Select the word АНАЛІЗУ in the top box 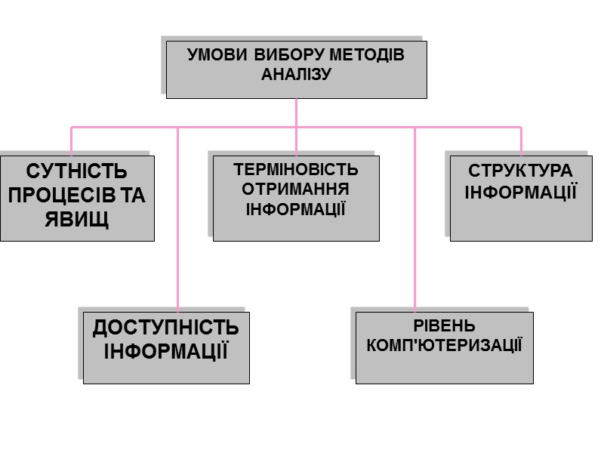(296, 74)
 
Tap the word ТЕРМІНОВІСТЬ (296, 169)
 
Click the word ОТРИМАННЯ (296, 189)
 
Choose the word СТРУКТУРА (520, 171)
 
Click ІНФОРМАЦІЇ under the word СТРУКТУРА (520, 191)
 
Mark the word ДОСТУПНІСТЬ (165, 328)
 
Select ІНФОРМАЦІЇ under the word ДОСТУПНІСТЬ (165, 351)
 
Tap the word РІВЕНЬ (444, 326)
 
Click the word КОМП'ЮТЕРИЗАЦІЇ (444, 346)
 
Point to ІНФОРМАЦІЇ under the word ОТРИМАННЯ (296, 208)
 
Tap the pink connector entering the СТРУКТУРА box (521, 141)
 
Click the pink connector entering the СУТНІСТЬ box (72, 141)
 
